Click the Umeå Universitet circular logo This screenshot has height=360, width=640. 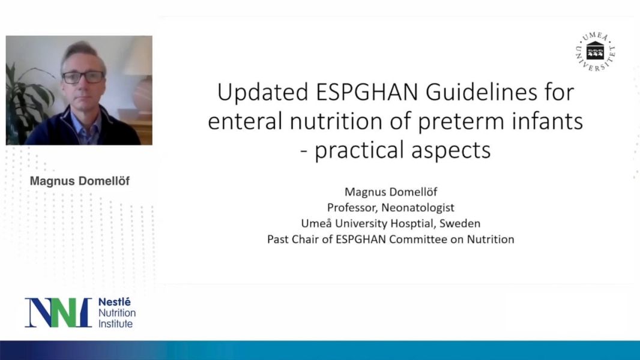(595, 52)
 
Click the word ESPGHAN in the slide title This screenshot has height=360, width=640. (367, 92)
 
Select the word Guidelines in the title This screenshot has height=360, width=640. (482, 92)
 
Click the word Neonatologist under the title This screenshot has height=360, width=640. (418, 208)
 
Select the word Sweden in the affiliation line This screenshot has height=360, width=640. (460, 223)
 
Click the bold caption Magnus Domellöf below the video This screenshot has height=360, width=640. (80, 181)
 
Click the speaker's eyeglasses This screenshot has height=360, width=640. (83, 77)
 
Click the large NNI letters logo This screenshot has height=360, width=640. (58, 313)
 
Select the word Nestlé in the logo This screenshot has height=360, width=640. (115, 302)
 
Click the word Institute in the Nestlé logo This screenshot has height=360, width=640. (115, 324)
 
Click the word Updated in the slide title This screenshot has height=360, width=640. (263, 92)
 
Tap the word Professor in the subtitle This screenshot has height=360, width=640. (352, 208)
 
